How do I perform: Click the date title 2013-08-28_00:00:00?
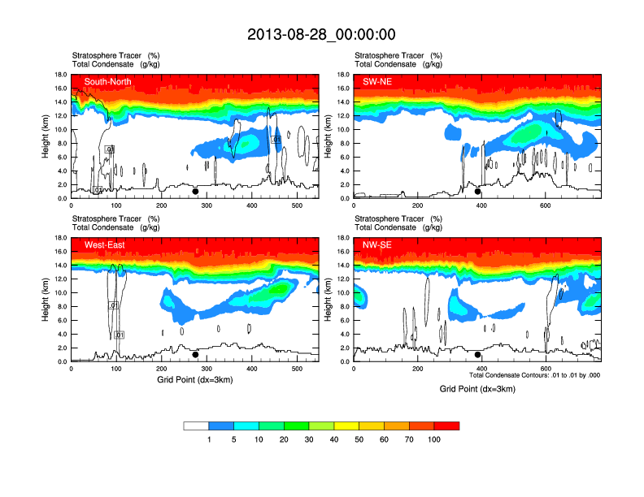[x=321, y=35]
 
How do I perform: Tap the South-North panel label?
[x=108, y=81]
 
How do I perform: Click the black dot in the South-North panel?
[x=195, y=192]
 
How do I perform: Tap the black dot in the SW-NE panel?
[x=478, y=192]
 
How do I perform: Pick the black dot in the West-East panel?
[x=195, y=355]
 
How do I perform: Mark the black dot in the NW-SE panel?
[x=478, y=355]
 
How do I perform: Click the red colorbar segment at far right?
[x=446, y=426]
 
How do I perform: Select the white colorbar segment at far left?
[x=196, y=426]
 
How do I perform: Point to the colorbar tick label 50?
[x=359, y=439]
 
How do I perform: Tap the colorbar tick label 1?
[x=209, y=439]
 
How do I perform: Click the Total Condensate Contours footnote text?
[x=535, y=375]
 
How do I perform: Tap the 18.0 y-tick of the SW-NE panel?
[x=343, y=75]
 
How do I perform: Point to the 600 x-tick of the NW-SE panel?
[x=544, y=370]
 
